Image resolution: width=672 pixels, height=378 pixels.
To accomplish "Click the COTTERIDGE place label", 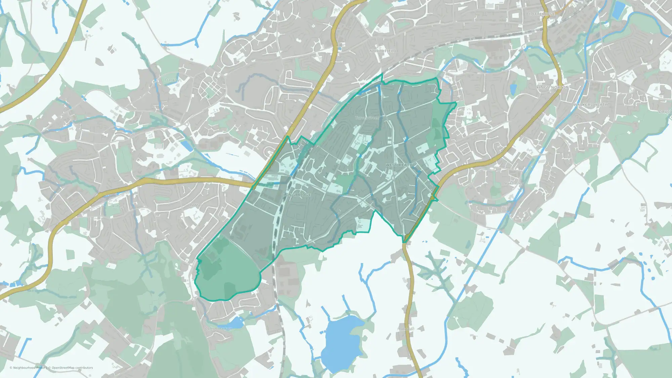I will click(x=542, y=14).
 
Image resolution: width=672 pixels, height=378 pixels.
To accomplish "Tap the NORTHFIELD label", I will click(x=383, y=51).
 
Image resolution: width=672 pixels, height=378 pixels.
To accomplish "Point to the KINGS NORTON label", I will click(x=553, y=87).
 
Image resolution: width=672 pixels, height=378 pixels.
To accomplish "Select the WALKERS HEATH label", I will click(x=591, y=105).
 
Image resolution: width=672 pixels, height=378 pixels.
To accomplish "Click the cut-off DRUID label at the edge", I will click(x=666, y=112).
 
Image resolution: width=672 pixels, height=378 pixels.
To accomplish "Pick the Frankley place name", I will click(x=172, y=80).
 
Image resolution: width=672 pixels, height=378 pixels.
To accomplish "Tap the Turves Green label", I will click(x=367, y=118).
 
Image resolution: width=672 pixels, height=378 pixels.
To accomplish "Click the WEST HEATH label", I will click(x=399, y=165).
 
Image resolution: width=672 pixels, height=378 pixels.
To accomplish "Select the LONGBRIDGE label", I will click(x=297, y=195).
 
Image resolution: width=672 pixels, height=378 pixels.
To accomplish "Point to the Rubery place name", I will click(x=119, y=206).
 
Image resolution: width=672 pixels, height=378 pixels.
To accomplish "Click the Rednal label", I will click(x=196, y=205).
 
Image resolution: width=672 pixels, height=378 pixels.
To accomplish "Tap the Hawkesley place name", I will click(x=514, y=184).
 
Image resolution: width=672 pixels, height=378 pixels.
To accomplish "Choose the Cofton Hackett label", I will click(x=218, y=329).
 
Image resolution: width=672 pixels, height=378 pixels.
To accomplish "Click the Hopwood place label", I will click(x=406, y=329).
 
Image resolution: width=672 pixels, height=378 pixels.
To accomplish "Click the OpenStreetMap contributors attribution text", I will click(x=72, y=368).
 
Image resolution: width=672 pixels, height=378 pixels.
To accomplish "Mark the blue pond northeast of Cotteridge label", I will click(x=618, y=10).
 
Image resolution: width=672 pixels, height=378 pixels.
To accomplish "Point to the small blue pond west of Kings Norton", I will click(x=513, y=89).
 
